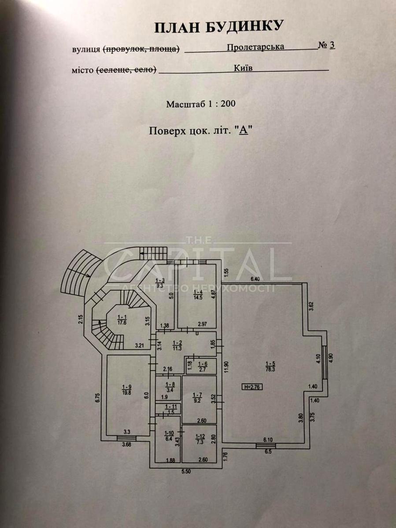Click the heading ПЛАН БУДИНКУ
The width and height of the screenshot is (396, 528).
pyautogui.click(x=218, y=27)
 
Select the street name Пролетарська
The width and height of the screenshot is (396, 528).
pyautogui.click(x=255, y=46)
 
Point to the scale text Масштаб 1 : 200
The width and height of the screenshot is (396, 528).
pyautogui.click(x=201, y=105)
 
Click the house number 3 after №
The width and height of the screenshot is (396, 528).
pyautogui.click(x=332, y=46)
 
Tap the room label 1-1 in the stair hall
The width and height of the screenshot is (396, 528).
pyautogui.click(x=122, y=319)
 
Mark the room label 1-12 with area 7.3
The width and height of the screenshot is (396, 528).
pyautogui.click(x=199, y=439)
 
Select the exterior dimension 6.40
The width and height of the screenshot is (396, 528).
pyautogui.click(x=255, y=279)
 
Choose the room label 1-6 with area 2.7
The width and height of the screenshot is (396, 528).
pyautogui.click(x=203, y=366)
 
